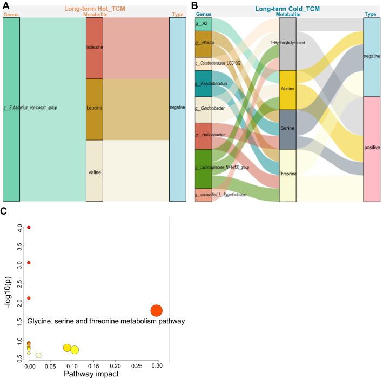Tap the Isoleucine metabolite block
pyautogui.click(x=94, y=48)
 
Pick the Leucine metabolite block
pyautogui.click(x=94, y=109)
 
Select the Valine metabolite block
pyautogui.click(x=94, y=171)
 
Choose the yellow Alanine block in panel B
pyautogui.click(x=287, y=90)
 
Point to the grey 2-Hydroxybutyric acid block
pyautogui.click(x=287, y=43)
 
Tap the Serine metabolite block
pyautogui.click(x=287, y=129)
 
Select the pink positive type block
pyautogui.click(x=372, y=149)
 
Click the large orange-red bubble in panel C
pyautogui.click(x=156, y=310)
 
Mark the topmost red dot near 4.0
pyautogui.click(x=29, y=228)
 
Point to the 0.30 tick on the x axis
pyautogui.click(x=156, y=366)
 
